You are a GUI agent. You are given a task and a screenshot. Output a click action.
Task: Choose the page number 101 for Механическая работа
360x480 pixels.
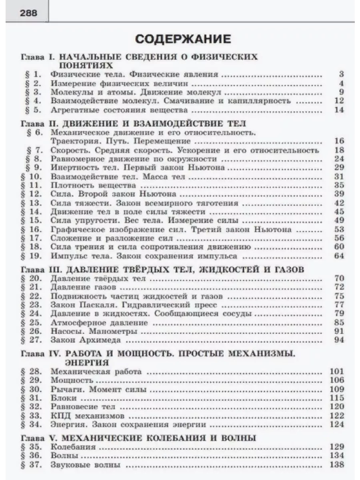click(x=336, y=371)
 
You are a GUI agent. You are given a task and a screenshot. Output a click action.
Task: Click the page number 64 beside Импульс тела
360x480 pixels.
click(x=339, y=256)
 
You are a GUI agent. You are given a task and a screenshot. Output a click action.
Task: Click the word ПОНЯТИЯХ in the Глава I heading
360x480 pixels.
click(x=85, y=65)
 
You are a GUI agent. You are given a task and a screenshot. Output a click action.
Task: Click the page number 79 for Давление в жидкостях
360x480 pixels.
click(x=339, y=314)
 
